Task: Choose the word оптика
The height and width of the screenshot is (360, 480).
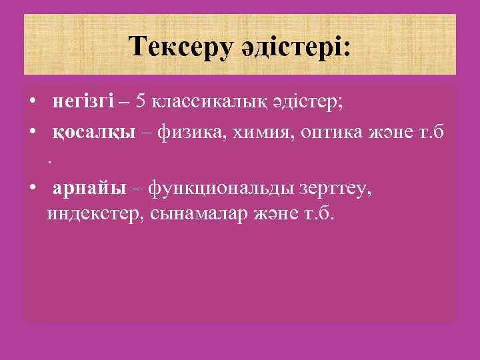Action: click(x=329, y=133)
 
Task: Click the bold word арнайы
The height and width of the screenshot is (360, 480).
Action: click(x=89, y=189)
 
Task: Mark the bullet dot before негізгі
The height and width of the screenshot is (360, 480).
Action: click(x=33, y=102)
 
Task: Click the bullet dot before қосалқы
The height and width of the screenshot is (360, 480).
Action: click(x=33, y=133)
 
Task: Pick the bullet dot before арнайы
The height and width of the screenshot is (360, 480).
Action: click(x=33, y=189)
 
